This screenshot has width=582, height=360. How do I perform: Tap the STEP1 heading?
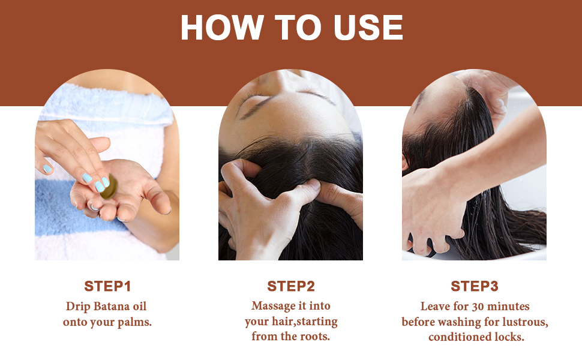(107, 286)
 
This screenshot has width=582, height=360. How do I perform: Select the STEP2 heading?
(290, 286)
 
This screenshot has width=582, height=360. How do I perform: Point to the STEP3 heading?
(475, 286)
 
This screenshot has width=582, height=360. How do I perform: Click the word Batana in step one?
(115, 307)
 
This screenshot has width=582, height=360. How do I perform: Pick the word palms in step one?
(135, 322)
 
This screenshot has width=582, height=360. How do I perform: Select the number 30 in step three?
(472, 307)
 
